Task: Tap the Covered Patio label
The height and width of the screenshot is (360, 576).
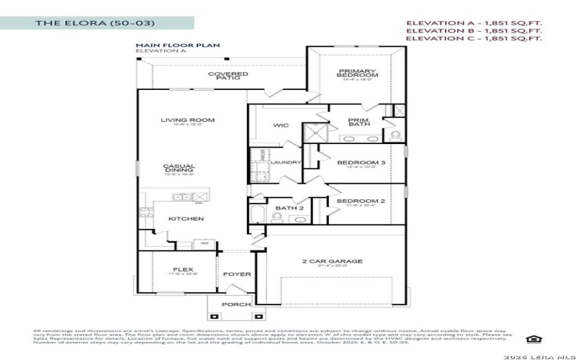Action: [x=228, y=76]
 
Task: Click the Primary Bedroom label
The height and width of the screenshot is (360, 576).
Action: [x=358, y=73]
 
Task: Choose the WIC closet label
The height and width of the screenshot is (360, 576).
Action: [x=281, y=125]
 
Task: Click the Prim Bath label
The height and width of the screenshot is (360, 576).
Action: [x=359, y=122]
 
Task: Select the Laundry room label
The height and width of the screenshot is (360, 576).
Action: [x=286, y=163]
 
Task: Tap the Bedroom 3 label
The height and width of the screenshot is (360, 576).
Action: [x=361, y=163]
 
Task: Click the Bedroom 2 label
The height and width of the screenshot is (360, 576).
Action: [x=361, y=202]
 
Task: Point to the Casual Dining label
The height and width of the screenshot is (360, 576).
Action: [x=179, y=168]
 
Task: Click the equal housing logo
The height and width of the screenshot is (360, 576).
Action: [x=534, y=339]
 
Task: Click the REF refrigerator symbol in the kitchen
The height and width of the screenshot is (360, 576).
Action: [x=204, y=244]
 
